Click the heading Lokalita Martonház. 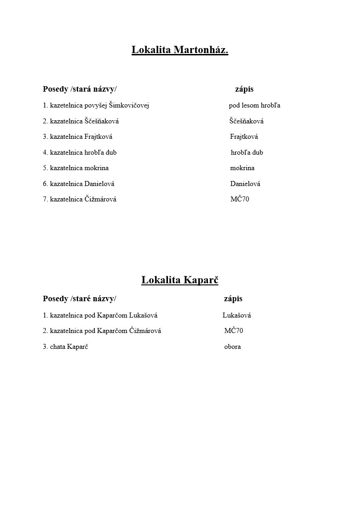pos(180,49)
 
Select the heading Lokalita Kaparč pos(180,280)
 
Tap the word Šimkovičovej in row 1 pos(129,106)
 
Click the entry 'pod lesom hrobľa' pos(254,106)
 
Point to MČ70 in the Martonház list pos(240,199)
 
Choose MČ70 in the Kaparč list pos(234,331)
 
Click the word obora pos(232,347)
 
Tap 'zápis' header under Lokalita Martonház pos(244,89)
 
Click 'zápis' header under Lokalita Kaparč pos(233,299)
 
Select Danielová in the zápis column pos(245,184)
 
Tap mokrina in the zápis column pos(242,168)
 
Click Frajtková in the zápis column pos(244,137)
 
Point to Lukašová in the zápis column pos(237,315)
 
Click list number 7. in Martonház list pos(45,199)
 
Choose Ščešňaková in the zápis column pos(246,121)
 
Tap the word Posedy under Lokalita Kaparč pos(55,299)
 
